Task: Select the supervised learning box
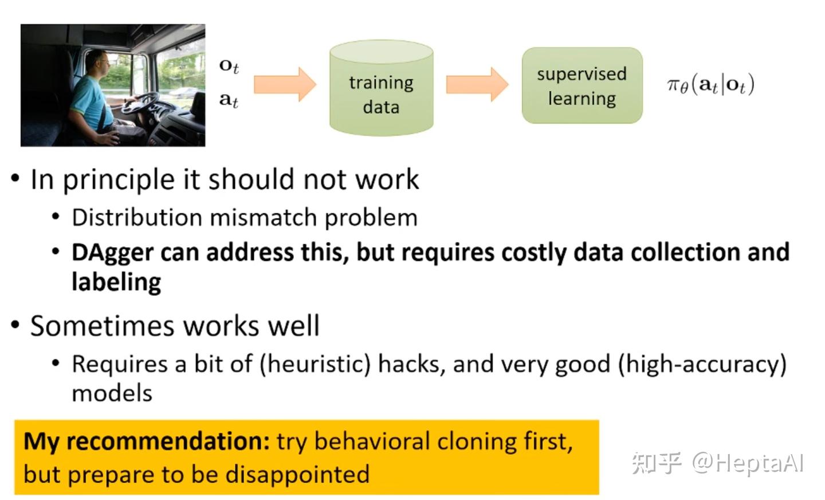[582, 85]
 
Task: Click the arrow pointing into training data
[285, 84]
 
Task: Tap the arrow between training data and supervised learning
[477, 84]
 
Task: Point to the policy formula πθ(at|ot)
[710, 85]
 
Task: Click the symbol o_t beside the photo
[229, 66]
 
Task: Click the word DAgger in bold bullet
[112, 253]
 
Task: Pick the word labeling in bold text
[116, 282]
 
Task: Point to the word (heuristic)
[315, 364]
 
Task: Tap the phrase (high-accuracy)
[702, 364]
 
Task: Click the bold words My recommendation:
[147, 442]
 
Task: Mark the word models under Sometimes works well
[112, 393]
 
